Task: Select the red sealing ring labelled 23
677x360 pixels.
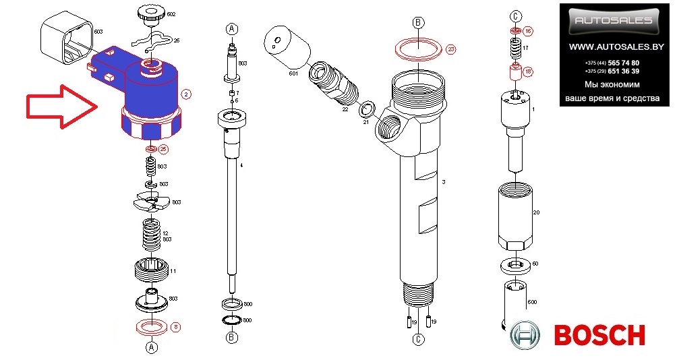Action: (x=418, y=49)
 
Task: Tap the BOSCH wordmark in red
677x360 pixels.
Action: (x=599, y=335)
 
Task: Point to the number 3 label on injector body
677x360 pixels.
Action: (x=444, y=183)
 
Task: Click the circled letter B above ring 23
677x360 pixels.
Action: (x=417, y=23)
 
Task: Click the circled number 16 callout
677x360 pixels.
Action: (x=528, y=31)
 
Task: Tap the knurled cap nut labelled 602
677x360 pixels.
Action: (x=146, y=13)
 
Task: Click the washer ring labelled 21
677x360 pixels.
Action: (x=368, y=109)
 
